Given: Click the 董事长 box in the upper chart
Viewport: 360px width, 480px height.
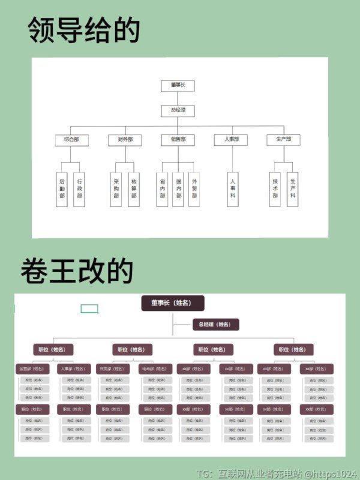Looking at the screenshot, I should coord(178,86).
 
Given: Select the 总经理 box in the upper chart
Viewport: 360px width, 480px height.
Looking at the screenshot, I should coord(178,110).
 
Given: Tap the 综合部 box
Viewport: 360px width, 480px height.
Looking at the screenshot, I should coord(71,140).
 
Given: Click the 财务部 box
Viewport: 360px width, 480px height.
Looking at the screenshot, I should coord(125,140).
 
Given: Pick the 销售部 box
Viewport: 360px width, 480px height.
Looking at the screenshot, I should coord(178,140).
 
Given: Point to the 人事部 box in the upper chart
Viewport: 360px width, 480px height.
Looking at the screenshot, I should coord(231,140).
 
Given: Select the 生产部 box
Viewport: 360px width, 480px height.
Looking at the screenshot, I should coord(283,140).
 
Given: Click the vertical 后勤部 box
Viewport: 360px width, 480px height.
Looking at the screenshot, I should coord(62,190).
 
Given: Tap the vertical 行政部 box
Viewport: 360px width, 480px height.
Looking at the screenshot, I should coord(79,190).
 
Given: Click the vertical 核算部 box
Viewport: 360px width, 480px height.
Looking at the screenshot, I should coord(134,190).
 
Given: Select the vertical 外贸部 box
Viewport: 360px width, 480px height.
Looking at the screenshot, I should coord(194,190).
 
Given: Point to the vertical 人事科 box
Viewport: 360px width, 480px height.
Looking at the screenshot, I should coord(233,190).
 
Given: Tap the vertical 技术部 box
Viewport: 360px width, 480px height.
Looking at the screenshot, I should coord(275,190).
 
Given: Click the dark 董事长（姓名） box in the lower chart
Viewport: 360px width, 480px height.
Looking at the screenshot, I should coord(173,303).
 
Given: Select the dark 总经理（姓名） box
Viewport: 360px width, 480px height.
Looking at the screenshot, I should coord(215,325).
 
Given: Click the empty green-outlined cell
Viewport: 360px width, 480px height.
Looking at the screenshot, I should coord(89,309).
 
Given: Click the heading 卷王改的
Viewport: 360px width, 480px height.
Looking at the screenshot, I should coord(76,271).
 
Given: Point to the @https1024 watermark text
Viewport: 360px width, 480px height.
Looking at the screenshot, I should coord(330,473).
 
